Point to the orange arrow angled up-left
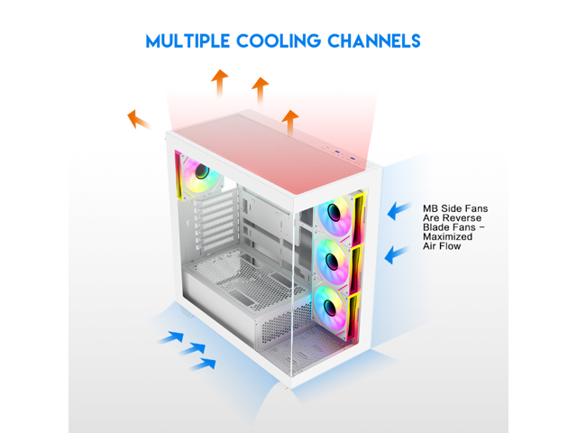point(138,118)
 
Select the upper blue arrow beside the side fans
point(398,211)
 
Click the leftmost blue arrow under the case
point(169,337)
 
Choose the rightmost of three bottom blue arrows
point(205,363)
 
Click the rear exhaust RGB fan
point(201,171)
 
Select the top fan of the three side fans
point(334,214)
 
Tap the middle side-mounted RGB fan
point(334,259)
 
